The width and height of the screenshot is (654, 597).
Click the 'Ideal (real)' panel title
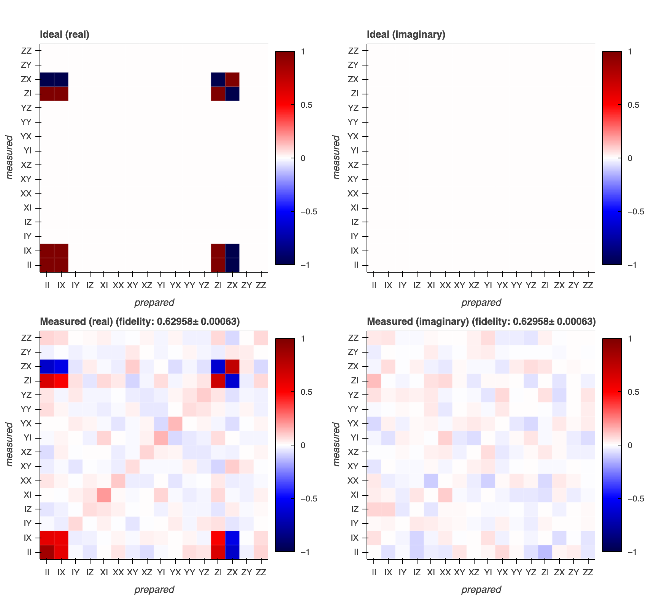[x=65, y=35]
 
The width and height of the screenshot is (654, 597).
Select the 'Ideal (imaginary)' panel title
[x=406, y=35]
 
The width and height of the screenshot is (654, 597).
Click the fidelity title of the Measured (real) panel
[x=140, y=322]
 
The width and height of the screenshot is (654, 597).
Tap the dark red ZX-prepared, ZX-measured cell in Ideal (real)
[x=232, y=79]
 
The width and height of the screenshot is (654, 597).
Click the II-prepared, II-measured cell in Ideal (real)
[x=47, y=265]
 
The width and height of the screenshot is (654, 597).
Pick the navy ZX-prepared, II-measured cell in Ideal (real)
[x=232, y=265]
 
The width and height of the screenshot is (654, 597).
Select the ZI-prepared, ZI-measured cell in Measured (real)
[x=218, y=380]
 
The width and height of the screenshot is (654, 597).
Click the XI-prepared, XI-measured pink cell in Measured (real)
[x=104, y=495]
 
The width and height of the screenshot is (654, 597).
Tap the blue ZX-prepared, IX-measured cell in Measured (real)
[x=232, y=538]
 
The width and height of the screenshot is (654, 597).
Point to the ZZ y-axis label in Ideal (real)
[x=26, y=51]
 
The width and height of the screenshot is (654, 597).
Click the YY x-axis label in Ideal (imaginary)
[x=516, y=285]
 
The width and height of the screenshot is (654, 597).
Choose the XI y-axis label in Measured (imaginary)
[x=354, y=495]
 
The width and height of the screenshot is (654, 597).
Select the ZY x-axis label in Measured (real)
[x=246, y=572]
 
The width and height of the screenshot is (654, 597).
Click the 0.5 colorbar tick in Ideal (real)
[x=306, y=105]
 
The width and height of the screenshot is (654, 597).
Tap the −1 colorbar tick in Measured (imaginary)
[x=632, y=552]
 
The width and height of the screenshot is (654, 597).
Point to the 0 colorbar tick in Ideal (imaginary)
[x=630, y=158]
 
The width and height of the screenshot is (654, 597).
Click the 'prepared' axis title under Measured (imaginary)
[x=481, y=589]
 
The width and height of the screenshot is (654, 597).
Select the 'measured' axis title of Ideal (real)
[x=9, y=157]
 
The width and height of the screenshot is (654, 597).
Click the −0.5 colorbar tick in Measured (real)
[x=309, y=499]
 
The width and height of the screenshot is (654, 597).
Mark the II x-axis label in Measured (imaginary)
[x=374, y=572]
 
